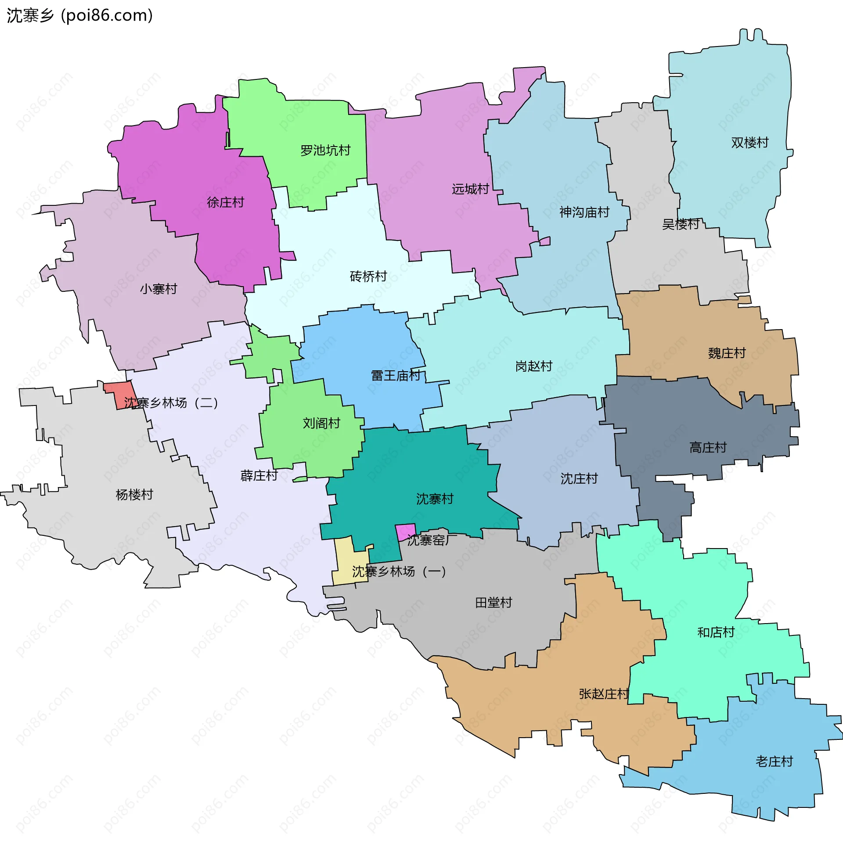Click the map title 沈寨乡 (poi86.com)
point(79,15)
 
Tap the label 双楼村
point(749,143)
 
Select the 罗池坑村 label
point(325,151)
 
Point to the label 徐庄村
point(225,202)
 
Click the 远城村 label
point(470,189)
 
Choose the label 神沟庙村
point(584,212)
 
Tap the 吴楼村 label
point(681,224)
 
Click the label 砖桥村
point(368,276)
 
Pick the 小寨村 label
point(159,289)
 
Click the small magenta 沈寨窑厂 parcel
point(405,532)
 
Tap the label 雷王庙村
point(395,376)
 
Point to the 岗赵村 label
point(533,366)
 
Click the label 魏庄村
point(726,353)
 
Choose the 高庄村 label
point(707,448)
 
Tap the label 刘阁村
point(321,423)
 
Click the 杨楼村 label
point(134,495)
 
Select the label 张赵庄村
point(603,694)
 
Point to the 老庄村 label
point(774,761)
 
